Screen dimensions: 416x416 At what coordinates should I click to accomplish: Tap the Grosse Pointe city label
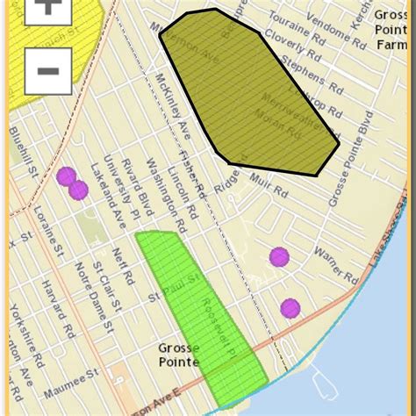(x=179, y=355)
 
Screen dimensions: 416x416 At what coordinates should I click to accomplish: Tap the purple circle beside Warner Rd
(x=279, y=257)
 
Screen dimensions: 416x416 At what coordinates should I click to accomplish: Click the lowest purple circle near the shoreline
(x=290, y=308)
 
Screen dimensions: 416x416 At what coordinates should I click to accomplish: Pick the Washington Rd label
(x=158, y=189)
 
